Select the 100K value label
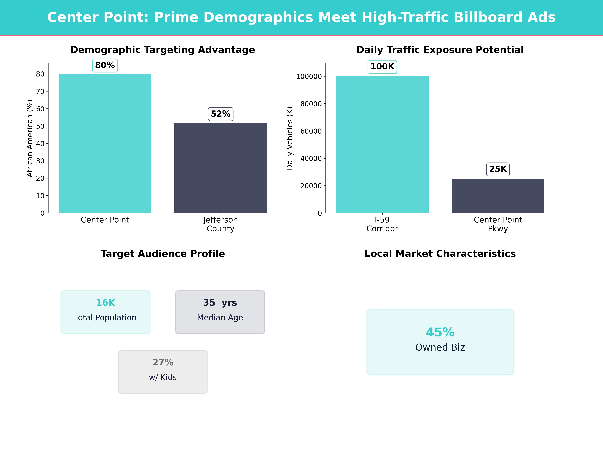(382, 67)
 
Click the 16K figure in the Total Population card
(106, 303)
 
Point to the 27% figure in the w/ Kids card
(163, 362)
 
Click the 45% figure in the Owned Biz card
(440, 332)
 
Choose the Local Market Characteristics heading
(440, 254)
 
